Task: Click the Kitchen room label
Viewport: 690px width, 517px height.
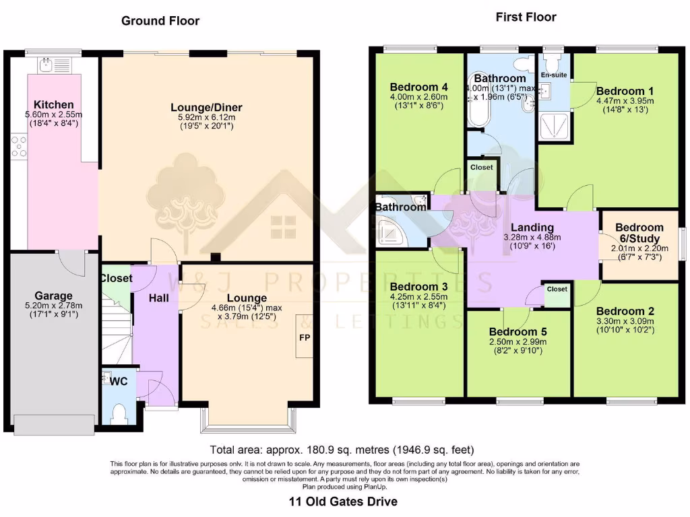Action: pyautogui.click(x=54, y=104)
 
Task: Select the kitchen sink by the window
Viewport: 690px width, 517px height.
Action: pyautogui.click(x=46, y=65)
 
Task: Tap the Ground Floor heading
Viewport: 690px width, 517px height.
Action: pyautogui.click(x=160, y=21)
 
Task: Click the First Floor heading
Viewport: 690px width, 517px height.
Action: pyautogui.click(x=526, y=17)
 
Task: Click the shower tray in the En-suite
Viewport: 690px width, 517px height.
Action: pyautogui.click(x=553, y=125)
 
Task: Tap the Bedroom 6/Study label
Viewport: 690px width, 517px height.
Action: pyautogui.click(x=639, y=233)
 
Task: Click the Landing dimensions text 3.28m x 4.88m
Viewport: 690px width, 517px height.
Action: pyautogui.click(x=532, y=238)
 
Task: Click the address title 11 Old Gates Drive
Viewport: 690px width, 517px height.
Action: pyautogui.click(x=343, y=502)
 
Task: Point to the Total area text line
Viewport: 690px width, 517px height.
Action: pyautogui.click(x=343, y=450)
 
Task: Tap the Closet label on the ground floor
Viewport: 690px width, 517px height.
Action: pyautogui.click(x=116, y=278)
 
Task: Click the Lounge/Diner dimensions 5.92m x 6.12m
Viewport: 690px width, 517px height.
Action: pyautogui.click(x=206, y=116)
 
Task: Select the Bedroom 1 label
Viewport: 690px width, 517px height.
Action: pyautogui.click(x=620, y=91)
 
